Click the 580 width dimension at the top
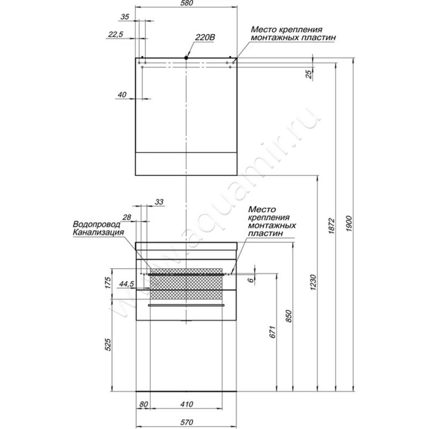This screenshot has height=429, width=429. pyautogui.click(x=186, y=4)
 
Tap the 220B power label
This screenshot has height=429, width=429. pyautogui.click(x=205, y=38)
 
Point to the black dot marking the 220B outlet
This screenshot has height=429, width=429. pyautogui.click(x=186, y=57)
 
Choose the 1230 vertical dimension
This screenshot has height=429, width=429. pyautogui.click(x=313, y=282)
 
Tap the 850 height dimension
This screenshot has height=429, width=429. pyautogui.click(x=289, y=317)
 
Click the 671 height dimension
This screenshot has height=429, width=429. pyautogui.click(x=272, y=333)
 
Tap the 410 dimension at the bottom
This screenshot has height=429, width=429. pyautogui.click(x=186, y=404)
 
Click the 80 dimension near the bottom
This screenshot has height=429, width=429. pyautogui.click(x=143, y=404)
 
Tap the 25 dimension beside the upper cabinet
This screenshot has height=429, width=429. pyautogui.click(x=309, y=75)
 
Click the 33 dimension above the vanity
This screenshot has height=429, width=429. pyautogui.click(x=159, y=202)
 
